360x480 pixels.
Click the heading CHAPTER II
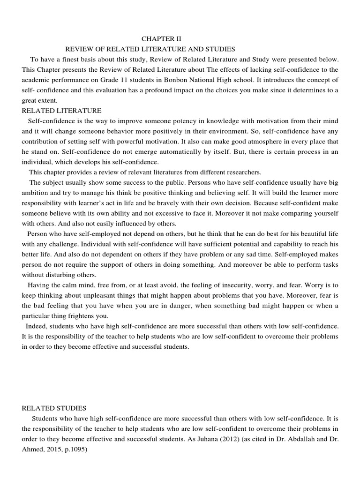tap(161, 38)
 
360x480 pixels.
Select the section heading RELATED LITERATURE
tap(61, 111)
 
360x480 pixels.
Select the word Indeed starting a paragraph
tap(37, 326)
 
